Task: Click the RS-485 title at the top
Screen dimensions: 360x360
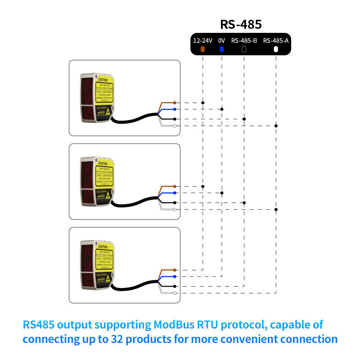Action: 241,24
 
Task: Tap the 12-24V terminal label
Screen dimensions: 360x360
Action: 202,40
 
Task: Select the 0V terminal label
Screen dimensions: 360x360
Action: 221,40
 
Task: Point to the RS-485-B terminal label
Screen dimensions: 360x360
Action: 244,40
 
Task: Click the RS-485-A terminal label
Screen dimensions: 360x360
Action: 276,40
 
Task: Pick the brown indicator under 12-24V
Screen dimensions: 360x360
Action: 203,49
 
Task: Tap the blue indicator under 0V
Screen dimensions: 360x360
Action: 221,49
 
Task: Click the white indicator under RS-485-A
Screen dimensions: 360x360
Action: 276,49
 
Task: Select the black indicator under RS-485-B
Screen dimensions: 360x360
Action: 244,49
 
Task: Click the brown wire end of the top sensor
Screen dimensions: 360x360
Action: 174,103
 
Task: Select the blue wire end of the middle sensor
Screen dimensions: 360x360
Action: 174,193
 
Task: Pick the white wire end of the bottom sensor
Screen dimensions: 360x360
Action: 174,293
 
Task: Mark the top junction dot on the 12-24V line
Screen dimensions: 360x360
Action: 203,103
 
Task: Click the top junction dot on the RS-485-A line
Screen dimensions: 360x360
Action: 276,126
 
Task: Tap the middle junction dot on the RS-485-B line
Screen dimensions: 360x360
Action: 244,202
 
